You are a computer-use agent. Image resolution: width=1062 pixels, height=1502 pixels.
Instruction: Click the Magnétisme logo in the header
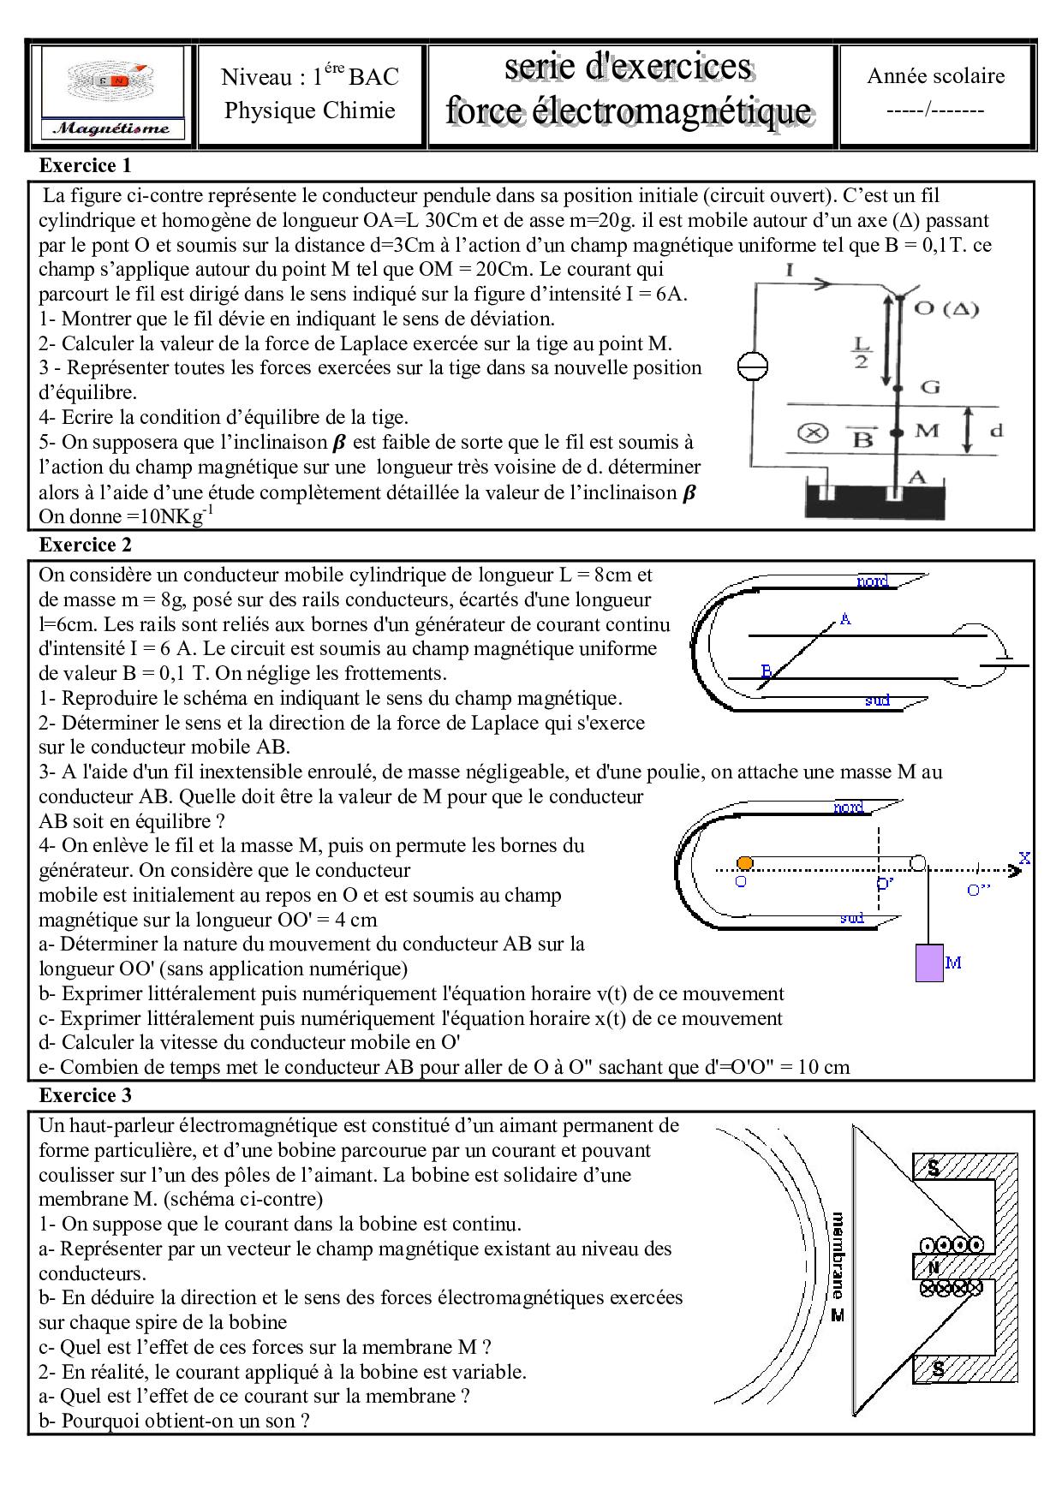(x=113, y=94)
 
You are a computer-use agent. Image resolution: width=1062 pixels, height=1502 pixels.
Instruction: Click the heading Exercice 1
(x=86, y=165)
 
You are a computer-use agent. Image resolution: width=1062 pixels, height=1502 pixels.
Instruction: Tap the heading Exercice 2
(x=86, y=545)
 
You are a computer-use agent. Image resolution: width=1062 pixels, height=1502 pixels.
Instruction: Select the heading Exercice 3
(x=86, y=1095)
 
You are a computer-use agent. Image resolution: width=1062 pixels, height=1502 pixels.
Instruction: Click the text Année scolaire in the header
(x=935, y=76)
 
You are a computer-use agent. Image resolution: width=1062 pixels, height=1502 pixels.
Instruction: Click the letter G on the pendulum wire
(x=929, y=387)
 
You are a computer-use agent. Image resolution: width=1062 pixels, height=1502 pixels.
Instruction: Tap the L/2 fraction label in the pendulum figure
(x=861, y=352)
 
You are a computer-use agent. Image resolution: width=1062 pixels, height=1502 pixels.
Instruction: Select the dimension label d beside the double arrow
(x=996, y=430)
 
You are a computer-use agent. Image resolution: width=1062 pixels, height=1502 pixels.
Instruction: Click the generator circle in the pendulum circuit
(x=753, y=367)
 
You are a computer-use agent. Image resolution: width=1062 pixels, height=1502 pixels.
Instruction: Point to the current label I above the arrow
(x=789, y=271)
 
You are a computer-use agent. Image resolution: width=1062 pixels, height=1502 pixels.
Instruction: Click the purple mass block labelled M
(x=928, y=963)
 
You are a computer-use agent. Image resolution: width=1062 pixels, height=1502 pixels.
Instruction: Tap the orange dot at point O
(x=744, y=862)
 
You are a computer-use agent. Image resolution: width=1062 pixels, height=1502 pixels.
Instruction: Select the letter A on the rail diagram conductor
(x=845, y=617)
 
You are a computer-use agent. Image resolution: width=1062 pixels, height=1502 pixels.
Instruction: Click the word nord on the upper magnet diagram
(x=872, y=581)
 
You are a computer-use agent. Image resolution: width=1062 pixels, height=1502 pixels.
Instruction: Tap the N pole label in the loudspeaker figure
(x=933, y=1267)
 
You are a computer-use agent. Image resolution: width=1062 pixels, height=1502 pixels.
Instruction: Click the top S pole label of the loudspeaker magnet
(x=934, y=1167)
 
